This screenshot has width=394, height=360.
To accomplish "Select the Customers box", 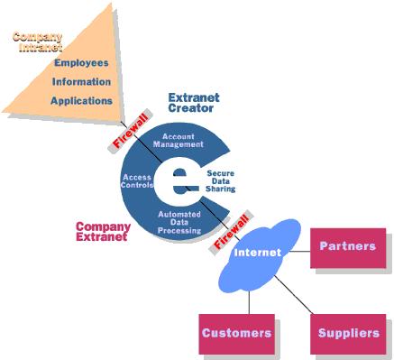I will tap(236, 333).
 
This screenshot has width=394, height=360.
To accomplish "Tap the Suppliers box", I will tap(348, 333).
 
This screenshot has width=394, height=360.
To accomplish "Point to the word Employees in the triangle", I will tap(81, 63).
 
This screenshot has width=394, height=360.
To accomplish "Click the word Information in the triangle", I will tap(82, 82).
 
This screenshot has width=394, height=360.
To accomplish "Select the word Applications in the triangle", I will tap(81, 101).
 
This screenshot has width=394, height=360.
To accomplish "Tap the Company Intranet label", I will tap(37, 42).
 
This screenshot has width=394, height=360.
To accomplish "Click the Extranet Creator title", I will tap(193, 102).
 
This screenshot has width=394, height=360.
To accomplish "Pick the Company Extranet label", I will tap(103, 232).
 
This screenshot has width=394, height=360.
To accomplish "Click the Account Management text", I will tap(179, 141).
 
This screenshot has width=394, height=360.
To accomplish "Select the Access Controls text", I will tap(137, 181).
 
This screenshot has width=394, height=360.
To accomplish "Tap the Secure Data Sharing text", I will tap(220, 180).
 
